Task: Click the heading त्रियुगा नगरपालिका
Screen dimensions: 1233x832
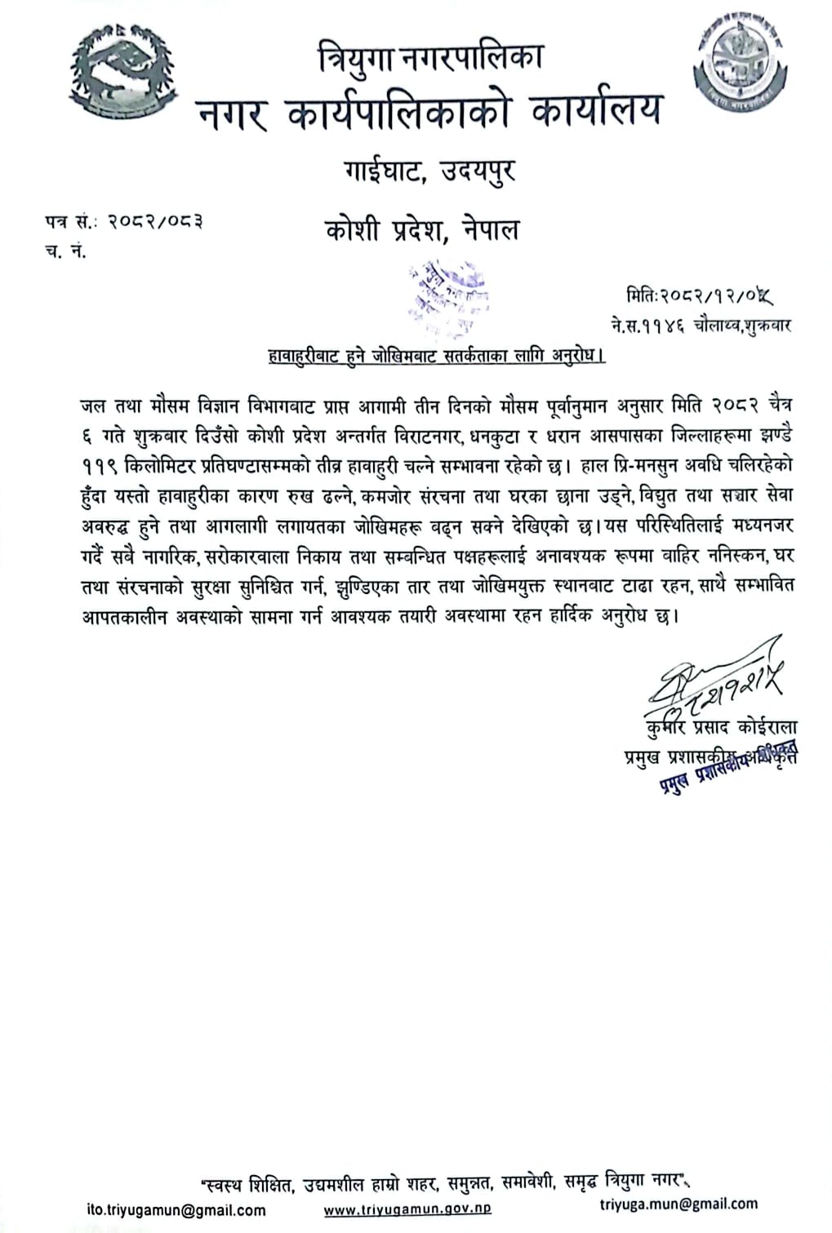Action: (x=430, y=59)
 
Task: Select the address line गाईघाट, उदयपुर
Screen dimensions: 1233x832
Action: (x=429, y=172)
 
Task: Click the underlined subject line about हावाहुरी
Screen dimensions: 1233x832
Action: (x=436, y=356)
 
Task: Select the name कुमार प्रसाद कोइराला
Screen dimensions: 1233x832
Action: (x=719, y=728)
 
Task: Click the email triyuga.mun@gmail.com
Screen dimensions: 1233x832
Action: (x=679, y=1204)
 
